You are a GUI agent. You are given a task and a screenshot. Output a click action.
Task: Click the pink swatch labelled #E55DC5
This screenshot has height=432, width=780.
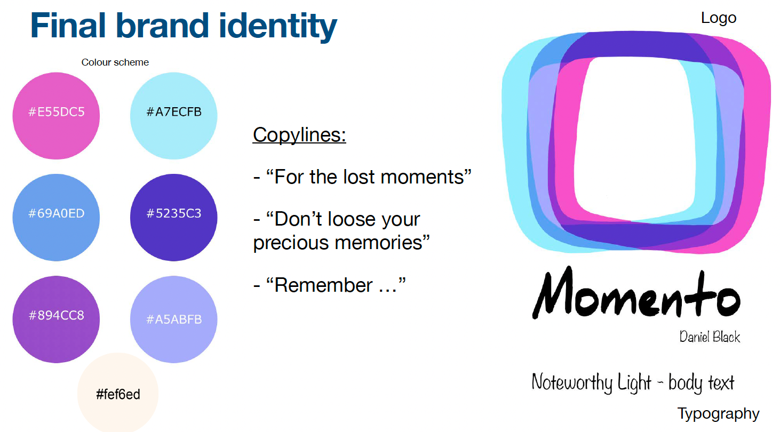click(56, 116)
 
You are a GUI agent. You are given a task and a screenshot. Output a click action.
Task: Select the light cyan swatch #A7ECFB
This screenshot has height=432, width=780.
click(174, 116)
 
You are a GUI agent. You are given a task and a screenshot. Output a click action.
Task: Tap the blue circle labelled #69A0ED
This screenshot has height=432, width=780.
click(56, 218)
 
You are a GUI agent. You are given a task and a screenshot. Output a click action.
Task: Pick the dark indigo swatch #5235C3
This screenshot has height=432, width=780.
click(174, 218)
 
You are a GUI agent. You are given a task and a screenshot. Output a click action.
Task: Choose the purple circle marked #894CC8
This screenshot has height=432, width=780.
click(56, 319)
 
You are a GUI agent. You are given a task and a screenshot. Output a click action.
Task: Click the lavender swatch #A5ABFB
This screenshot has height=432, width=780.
click(174, 319)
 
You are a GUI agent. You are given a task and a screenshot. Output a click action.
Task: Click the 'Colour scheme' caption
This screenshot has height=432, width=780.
click(115, 62)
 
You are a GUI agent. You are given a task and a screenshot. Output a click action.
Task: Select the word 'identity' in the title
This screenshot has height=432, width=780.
click(278, 27)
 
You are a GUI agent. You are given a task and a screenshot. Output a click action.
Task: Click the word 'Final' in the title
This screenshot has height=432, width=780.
click(68, 26)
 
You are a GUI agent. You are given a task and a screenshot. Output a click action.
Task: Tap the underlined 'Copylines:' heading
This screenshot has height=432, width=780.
click(299, 135)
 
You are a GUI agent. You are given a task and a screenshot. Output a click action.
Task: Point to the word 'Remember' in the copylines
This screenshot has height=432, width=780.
click(323, 285)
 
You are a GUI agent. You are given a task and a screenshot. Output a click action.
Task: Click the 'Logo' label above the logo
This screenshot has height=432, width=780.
click(718, 18)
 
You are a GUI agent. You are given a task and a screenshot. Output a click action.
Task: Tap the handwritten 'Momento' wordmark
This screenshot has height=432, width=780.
click(636, 293)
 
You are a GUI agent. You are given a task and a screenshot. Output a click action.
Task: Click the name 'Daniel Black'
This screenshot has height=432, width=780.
click(710, 337)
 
